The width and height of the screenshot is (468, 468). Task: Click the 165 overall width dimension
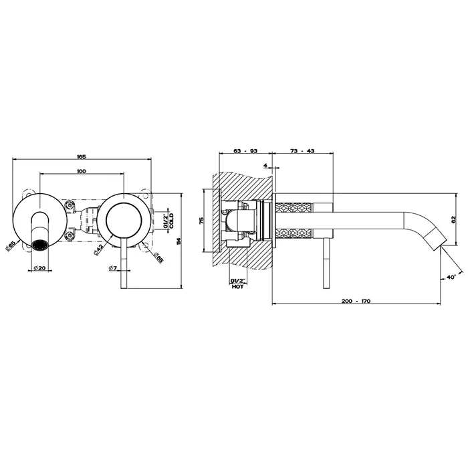(82, 156)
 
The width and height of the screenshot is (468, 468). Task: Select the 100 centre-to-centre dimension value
(81, 171)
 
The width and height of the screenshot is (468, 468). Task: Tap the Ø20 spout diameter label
(39, 267)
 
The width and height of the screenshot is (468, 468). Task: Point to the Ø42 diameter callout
(98, 249)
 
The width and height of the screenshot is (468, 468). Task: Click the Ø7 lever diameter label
(113, 268)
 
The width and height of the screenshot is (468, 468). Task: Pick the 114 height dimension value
(179, 241)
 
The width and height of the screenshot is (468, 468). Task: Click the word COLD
(172, 221)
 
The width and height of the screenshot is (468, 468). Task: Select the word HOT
(238, 287)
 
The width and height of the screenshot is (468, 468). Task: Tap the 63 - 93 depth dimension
(245, 150)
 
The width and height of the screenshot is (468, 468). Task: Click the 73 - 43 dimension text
(302, 150)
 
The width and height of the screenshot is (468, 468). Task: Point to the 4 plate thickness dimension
(265, 165)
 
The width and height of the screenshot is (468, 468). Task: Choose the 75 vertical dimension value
(201, 221)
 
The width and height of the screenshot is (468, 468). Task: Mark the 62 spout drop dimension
(454, 219)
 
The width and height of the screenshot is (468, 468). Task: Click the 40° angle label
(451, 277)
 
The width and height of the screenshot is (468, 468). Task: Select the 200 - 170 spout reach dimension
(356, 301)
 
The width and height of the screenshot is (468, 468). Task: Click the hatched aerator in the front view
(39, 245)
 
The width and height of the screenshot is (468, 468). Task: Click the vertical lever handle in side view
(326, 263)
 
